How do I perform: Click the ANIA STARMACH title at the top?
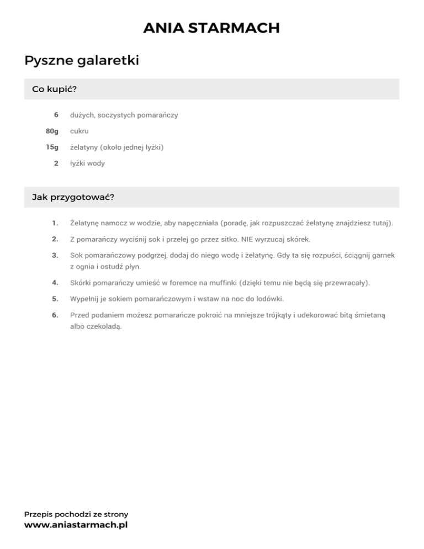coord(211,28)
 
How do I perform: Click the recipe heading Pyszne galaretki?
coord(81,60)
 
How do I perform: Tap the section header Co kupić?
coord(54,89)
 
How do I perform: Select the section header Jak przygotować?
coord(73,197)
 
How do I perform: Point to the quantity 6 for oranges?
coord(56,115)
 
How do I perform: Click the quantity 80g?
coord(52,131)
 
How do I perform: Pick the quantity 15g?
coord(52,147)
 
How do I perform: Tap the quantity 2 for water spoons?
coord(56,163)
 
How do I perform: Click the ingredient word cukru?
coord(79,131)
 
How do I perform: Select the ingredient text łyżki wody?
coord(87,163)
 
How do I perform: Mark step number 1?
coord(55,223)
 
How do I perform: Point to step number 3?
coord(55,255)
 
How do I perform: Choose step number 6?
coord(55,315)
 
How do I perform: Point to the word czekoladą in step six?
coord(104,326)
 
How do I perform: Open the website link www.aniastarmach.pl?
coord(76,525)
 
